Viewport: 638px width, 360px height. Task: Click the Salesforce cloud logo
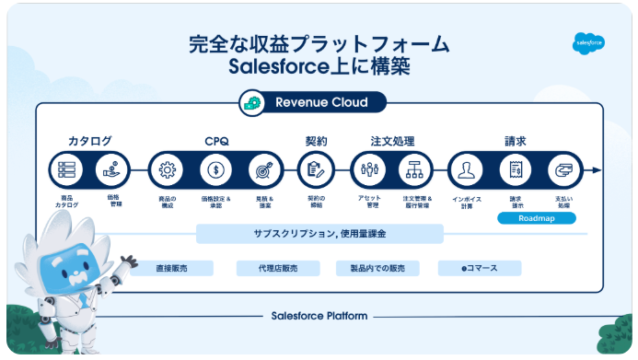click(588, 42)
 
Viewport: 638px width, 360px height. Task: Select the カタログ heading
click(90, 141)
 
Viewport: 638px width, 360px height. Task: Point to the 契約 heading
click(316, 141)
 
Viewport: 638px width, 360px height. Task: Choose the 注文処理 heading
click(392, 141)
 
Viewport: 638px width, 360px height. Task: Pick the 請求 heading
click(515, 141)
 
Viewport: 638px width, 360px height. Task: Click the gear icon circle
click(167, 170)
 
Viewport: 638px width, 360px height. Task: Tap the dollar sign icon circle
click(216, 170)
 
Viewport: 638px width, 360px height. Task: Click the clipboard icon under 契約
click(316, 170)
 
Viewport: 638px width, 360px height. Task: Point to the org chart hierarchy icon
click(415, 170)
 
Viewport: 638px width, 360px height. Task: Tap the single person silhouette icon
click(466, 170)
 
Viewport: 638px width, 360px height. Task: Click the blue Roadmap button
click(536, 219)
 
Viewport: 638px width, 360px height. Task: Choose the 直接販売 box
click(172, 268)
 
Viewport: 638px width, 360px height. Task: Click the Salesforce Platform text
click(319, 316)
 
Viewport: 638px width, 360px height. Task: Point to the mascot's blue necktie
click(83, 298)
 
